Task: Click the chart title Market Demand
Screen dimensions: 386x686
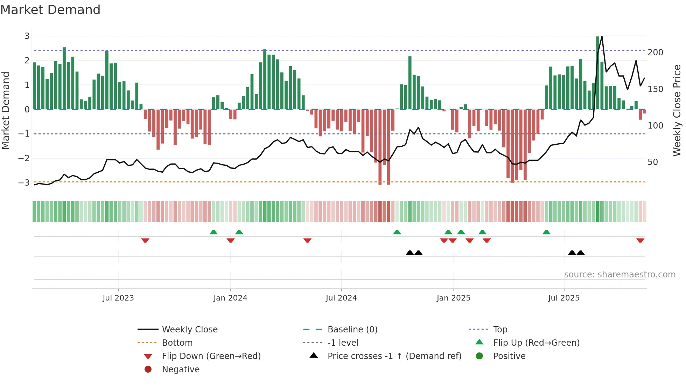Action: (50, 10)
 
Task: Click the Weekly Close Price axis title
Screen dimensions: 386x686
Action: (677, 110)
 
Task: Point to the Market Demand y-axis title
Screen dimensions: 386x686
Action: (6, 110)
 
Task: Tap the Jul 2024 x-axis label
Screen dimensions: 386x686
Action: (341, 298)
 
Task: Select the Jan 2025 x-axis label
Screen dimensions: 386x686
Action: (454, 298)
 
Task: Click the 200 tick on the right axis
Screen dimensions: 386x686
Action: (655, 53)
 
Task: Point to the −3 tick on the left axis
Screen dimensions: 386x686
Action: (24, 182)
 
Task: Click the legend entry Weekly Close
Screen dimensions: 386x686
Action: (189, 330)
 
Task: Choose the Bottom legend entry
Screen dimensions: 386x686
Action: (177, 343)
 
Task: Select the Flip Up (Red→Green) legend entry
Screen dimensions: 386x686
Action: (536, 343)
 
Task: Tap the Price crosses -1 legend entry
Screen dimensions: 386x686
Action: (394, 356)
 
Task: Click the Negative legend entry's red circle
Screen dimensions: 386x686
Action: (148, 370)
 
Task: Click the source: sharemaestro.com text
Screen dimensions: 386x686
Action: (619, 275)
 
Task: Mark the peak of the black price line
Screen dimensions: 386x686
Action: (602, 36)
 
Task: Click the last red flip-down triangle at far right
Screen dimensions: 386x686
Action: (640, 240)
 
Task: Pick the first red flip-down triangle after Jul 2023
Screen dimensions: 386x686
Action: (145, 240)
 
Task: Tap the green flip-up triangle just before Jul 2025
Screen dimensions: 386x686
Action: (546, 232)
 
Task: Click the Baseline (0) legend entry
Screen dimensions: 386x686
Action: (352, 330)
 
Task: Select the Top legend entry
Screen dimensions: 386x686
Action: (500, 330)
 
